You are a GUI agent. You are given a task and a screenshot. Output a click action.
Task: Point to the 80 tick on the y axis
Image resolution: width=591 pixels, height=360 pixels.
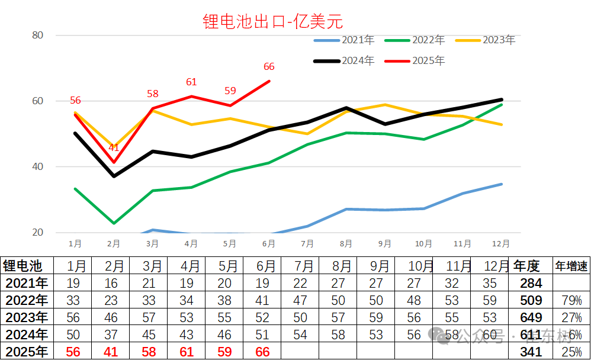click(x=38, y=35)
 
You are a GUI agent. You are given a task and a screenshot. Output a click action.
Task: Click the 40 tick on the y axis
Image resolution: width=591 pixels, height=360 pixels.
click(x=38, y=166)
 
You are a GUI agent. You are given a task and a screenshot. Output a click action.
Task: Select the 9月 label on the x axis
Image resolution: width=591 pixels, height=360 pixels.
click(x=384, y=243)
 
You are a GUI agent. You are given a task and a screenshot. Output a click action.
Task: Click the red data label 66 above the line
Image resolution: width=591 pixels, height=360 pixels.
click(x=269, y=67)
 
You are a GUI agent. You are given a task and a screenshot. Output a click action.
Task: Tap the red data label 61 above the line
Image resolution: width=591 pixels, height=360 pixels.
click(x=191, y=82)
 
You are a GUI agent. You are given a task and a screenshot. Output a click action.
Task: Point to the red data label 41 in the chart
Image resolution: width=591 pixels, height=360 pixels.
click(x=114, y=148)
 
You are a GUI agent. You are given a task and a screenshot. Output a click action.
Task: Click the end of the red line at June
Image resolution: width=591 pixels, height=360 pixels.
click(x=269, y=81)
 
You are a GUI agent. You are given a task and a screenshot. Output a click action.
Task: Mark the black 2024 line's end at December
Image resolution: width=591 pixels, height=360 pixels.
click(x=502, y=99)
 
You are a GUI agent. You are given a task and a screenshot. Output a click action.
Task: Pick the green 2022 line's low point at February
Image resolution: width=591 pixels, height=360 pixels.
click(x=114, y=223)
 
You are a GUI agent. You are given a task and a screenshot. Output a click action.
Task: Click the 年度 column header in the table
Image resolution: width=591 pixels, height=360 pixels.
click(x=527, y=266)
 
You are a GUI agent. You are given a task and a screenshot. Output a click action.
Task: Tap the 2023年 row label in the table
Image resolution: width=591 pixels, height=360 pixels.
click(x=25, y=317)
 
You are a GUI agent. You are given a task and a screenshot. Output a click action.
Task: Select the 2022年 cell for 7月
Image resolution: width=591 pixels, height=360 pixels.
click(x=300, y=300)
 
